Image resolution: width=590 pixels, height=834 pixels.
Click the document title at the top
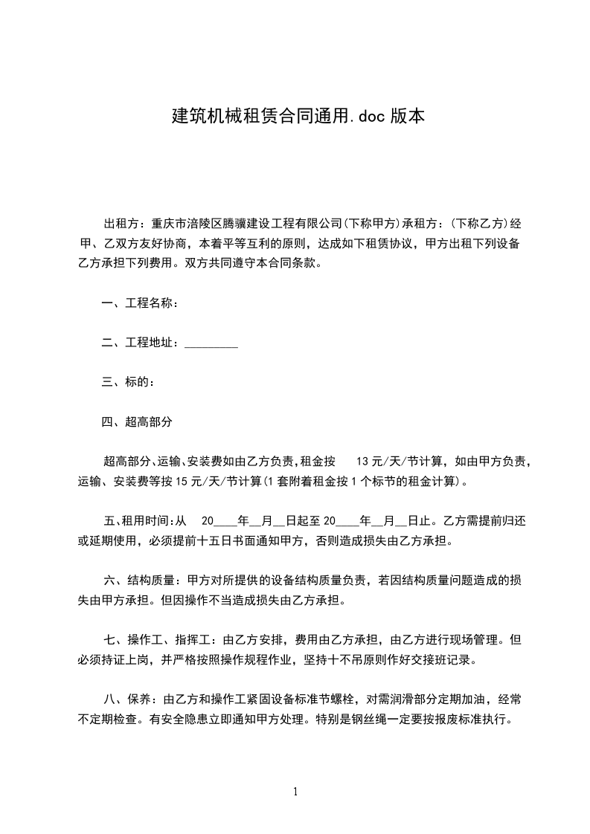pos(298,117)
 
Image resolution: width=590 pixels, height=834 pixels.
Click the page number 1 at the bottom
pos(295,792)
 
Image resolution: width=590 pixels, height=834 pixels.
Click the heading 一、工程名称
pos(138,303)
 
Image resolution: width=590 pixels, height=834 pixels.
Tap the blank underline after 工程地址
pos(211,343)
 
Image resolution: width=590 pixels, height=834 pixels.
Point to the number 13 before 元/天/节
pos(365,462)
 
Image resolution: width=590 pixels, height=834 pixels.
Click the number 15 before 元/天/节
pos(182,481)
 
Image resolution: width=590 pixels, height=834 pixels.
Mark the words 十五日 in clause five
pos(200,540)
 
